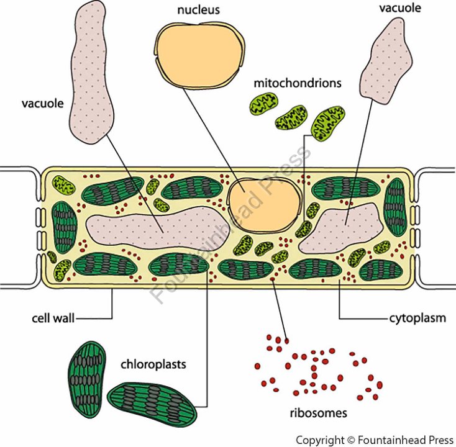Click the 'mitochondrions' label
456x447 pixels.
tap(298, 83)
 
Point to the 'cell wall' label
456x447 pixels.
tap(53, 319)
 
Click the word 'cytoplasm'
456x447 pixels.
tap(417, 319)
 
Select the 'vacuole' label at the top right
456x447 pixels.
tap(404, 9)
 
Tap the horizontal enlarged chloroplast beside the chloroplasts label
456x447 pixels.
tap(152, 402)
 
